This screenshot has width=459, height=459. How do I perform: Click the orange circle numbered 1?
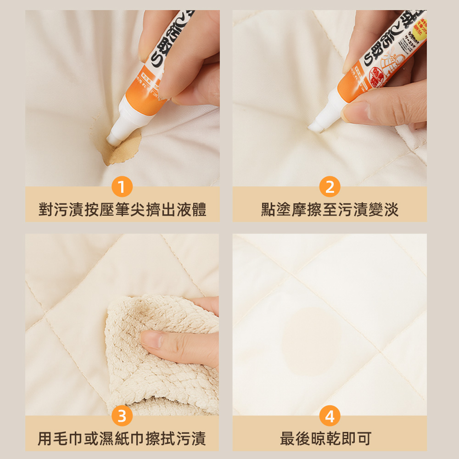[x=122, y=187]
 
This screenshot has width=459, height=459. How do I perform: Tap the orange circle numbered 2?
[x=330, y=187]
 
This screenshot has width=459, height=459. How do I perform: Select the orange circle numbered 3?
[x=122, y=416]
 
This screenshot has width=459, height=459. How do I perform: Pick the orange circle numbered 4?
[x=330, y=416]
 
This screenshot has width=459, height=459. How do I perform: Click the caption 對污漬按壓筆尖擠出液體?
[x=122, y=210]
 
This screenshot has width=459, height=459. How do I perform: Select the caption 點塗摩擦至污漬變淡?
[x=330, y=210]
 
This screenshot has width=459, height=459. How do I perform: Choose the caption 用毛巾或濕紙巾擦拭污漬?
[x=122, y=439]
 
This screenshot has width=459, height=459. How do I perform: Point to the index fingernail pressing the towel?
[x=152, y=340]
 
